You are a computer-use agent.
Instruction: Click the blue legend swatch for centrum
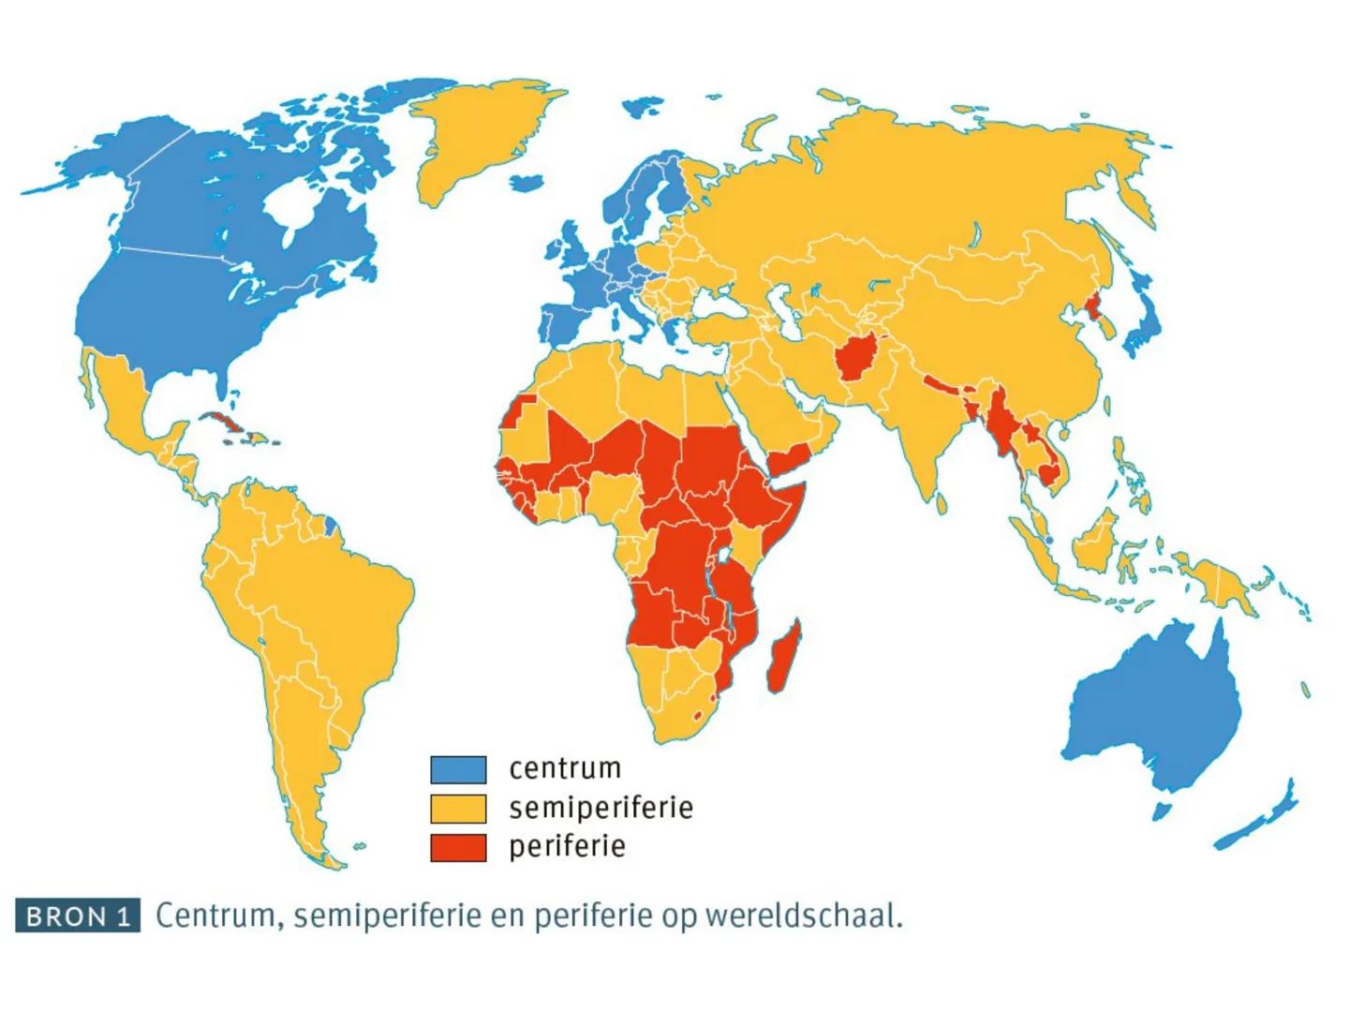(458, 769)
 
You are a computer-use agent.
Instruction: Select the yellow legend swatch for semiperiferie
(458, 808)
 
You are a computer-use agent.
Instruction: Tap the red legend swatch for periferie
(458, 847)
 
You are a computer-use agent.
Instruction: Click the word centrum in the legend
(565, 768)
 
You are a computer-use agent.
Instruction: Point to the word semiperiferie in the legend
(600, 808)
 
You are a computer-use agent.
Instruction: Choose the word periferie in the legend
(567, 847)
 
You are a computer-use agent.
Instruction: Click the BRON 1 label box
(78, 915)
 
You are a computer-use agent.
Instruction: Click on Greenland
(478, 141)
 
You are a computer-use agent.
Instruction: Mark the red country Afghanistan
(857, 356)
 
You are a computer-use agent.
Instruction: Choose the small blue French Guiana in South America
(330, 524)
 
